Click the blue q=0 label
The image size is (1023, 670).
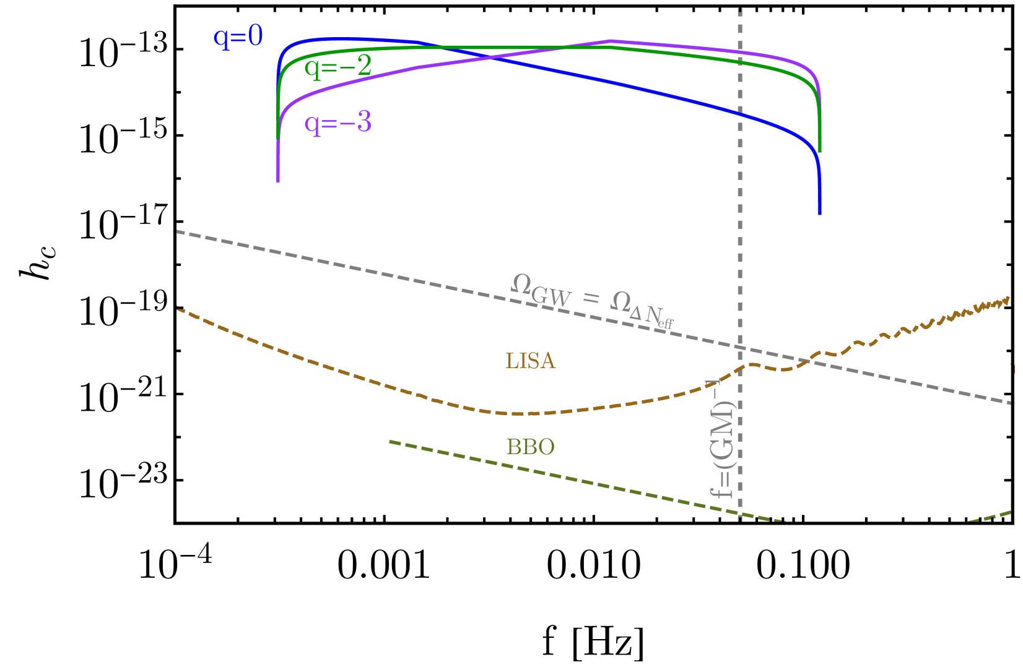pyautogui.click(x=238, y=37)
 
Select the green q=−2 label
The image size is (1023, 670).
pyautogui.click(x=337, y=66)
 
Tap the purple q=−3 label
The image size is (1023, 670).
pyautogui.click(x=337, y=122)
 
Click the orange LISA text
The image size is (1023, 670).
pyautogui.click(x=531, y=361)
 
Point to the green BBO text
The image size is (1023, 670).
pyautogui.click(x=530, y=447)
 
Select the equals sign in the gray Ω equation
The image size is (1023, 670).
pyautogui.click(x=591, y=299)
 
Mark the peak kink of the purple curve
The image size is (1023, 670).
pyautogui.click(x=611, y=41)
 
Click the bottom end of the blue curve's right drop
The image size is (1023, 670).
pyautogui.click(x=820, y=213)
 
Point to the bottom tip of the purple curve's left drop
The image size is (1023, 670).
pyautogui.click(x=278, y=181)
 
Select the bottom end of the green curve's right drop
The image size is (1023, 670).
pyautogui.click(x=820, y=151)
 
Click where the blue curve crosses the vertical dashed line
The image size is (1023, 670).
pyautogui.click(x=740, y=114)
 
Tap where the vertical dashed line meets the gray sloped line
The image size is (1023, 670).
pyautogui.click(x=740, y=348)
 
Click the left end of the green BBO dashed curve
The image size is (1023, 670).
pyautogui.click(x=390, y=441)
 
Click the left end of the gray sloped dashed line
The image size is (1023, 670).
pyautogui.click(x=175, y=231)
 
